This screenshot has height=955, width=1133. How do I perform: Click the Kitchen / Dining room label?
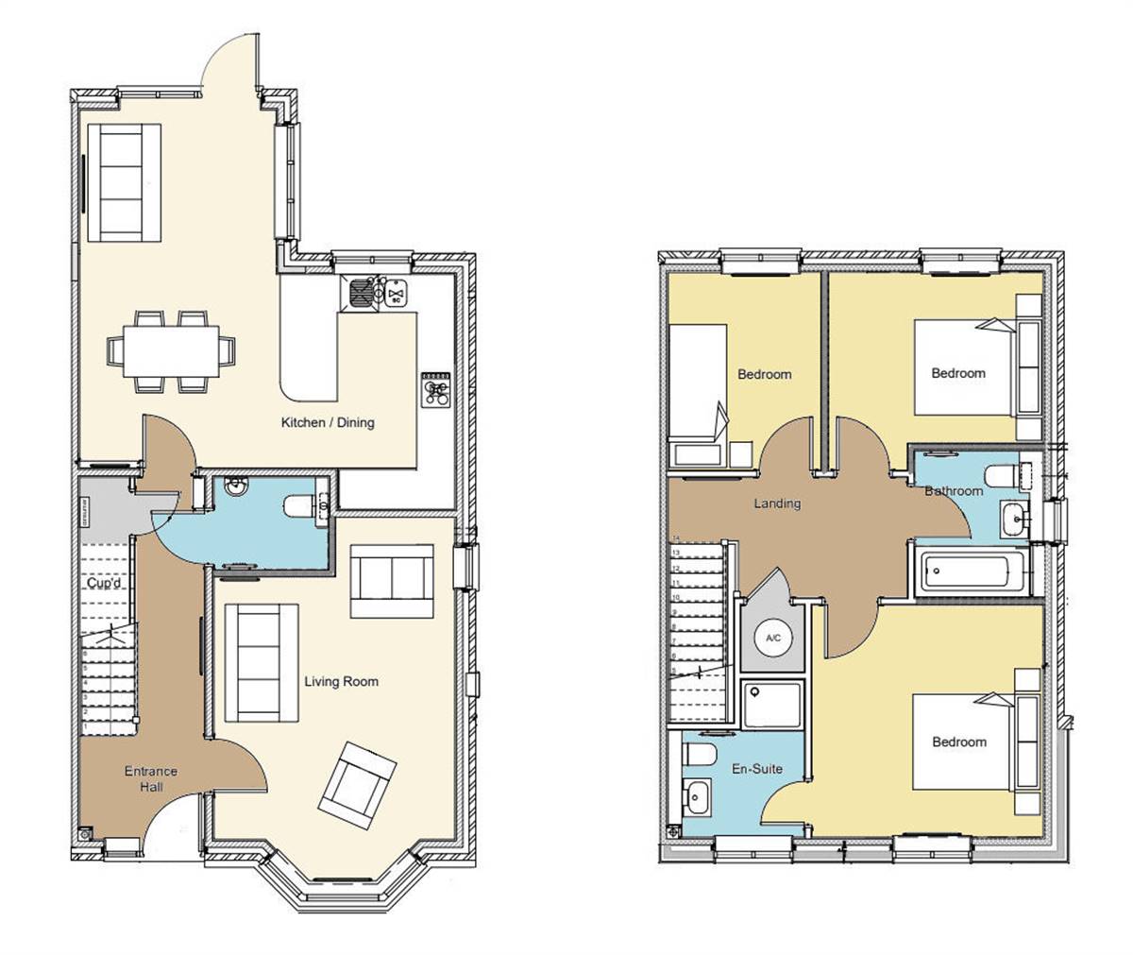tap(328, 422)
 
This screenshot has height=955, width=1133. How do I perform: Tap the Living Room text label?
tap(341, 681)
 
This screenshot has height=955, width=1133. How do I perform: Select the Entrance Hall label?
tap(150, 779)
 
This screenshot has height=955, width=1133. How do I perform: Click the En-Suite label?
tap(757, 769)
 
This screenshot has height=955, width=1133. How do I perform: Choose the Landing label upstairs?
tap(777, 503)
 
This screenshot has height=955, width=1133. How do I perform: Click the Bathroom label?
tap(954, 491)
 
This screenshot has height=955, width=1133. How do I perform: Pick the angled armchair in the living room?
tap(356, 785)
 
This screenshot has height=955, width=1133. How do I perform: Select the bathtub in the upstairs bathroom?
tap(968, 571)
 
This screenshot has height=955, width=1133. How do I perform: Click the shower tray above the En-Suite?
tap(771, 705)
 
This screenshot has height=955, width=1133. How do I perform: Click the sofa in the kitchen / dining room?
tap(125, 182)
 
